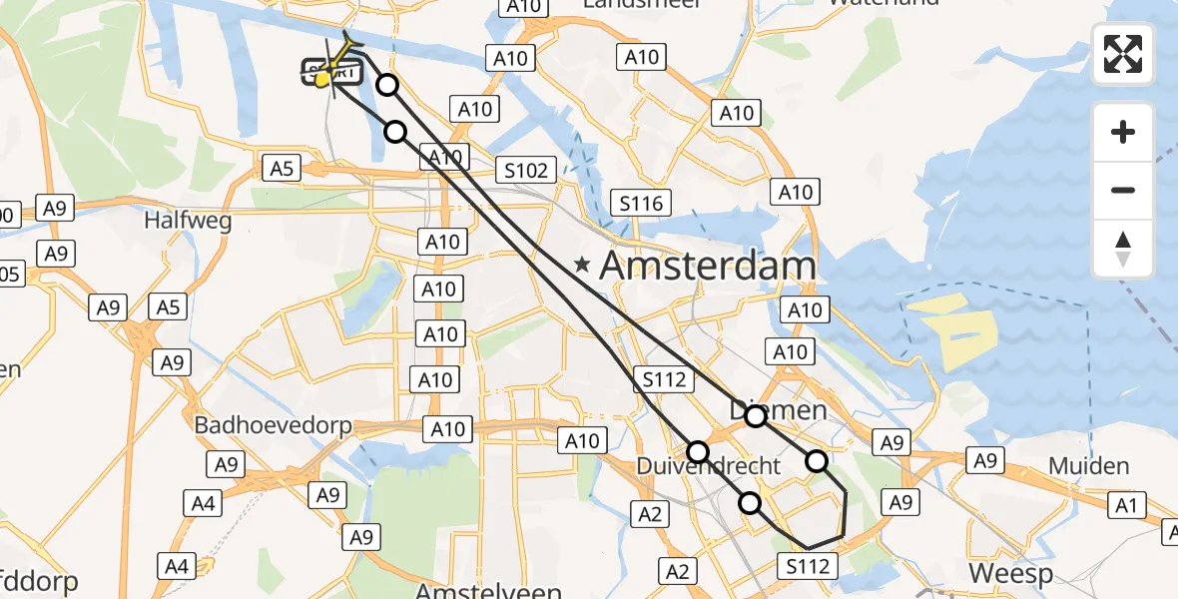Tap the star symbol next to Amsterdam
tap(582, 266)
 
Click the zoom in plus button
tap(1123, 132)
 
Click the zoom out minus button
tap(1123, 190)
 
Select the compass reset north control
tap(1123, 249)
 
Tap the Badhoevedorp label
tap(273, 425)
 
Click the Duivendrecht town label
tap(709, 466)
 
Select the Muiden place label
tap(1089, 465)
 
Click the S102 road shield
tap(526, 171)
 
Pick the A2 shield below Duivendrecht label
tap(649, 514)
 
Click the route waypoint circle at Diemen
tap(756, 416)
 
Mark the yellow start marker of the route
tap(322, 80)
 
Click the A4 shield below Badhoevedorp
tap(203, 504)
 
